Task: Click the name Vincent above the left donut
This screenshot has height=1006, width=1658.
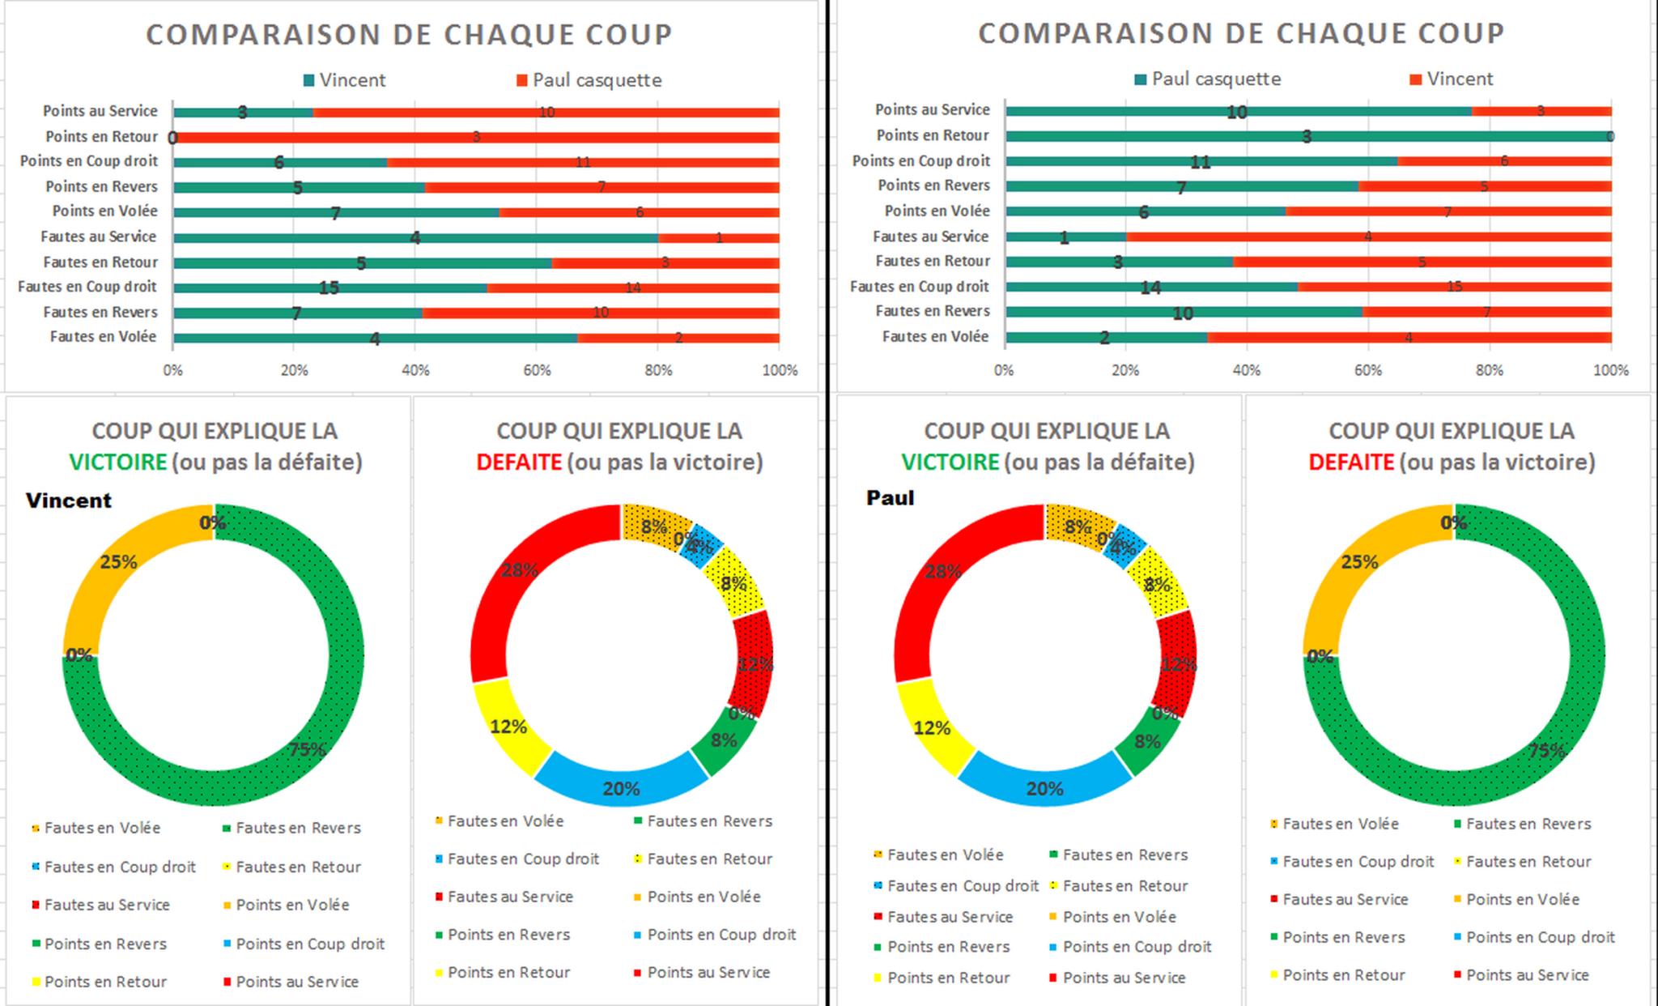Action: pyautogui.click(x=69, y=500)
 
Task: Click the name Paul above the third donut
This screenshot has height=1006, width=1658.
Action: pyautogui.click(x=890, y=497)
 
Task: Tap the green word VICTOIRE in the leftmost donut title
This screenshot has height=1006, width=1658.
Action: pyautogui.click(x=118, y=463)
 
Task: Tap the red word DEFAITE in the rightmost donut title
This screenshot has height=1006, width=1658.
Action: pyautogui.click(x=1350, y=463)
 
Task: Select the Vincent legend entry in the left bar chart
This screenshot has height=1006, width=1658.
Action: pyautogui.click(x=351, y=80)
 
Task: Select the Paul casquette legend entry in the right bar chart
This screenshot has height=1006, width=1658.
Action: pyautogui.click(x=1215, y=79)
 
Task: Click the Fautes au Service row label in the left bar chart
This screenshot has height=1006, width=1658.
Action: pyautogui.click(x=98, y=237)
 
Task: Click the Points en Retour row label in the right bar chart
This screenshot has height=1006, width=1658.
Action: pyautogui.click(x=933, y=135)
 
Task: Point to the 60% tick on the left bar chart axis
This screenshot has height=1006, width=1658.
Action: pyautogui.click(x=537, y=370)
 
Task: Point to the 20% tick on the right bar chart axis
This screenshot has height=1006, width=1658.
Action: pyautogui.click(x=1124, y=370)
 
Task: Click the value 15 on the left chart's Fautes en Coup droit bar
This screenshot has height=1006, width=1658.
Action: pyautogui.click(x=329, y=288)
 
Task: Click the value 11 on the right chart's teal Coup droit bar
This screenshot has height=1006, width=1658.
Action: pyautogui.click(x=1200, y=162)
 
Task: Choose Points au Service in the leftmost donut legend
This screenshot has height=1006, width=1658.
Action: pyautogui.click(x=296, y=982)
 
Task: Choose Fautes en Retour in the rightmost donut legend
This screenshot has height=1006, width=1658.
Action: pyautogui.click(x=1528, y=862)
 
